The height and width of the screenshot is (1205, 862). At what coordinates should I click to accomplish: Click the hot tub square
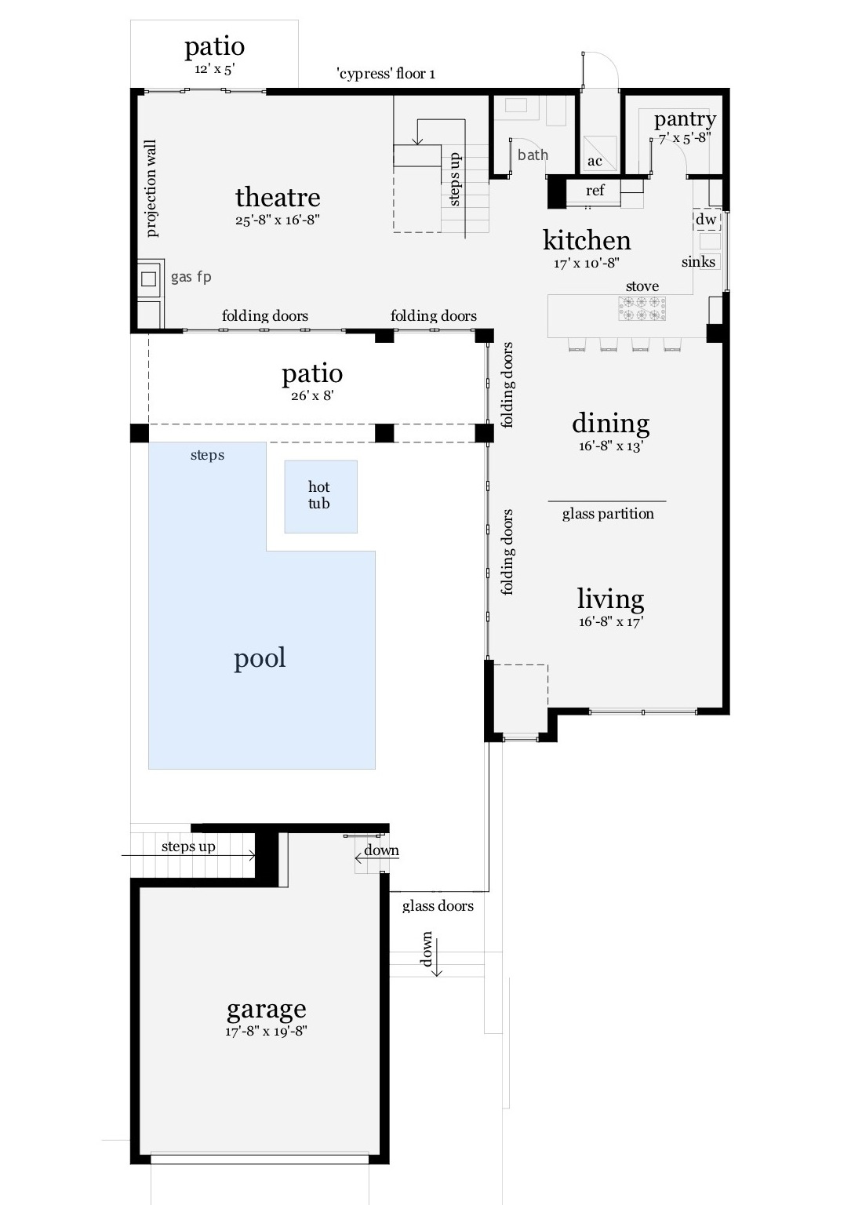coord(320,496)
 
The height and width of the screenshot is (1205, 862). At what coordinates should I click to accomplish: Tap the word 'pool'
coord(260,658)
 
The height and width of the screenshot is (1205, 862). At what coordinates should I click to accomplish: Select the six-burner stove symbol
coord(642,308)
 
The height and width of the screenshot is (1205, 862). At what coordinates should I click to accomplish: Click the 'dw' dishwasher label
coord(706,220)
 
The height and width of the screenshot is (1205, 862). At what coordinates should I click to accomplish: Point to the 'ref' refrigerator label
coord(595,191)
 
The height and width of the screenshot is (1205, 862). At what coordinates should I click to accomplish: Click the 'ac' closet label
coord(595,162)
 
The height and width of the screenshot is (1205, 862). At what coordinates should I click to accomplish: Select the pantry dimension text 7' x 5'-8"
coord(685,138)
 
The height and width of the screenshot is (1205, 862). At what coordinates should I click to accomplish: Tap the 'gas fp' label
coord(191,277)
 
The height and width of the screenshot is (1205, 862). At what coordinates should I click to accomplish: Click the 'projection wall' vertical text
coord(151,188)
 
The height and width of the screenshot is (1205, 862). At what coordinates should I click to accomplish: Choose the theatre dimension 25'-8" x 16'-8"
coord(278,220)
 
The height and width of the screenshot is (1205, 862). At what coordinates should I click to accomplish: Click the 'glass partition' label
coord(608,514)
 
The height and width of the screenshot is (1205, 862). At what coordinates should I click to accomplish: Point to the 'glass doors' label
coord(438,906)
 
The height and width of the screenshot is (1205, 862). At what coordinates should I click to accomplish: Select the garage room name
coord(267,1008)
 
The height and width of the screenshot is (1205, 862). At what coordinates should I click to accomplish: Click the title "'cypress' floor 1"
coord(386,74)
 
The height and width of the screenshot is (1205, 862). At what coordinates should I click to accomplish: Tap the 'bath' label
coord(533,155)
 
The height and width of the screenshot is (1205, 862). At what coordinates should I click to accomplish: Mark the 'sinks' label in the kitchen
coord(698,262)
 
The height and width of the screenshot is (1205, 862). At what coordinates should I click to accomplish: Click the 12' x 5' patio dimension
coord(214,69)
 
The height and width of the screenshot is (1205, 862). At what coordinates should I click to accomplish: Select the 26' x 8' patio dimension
coord(312,396)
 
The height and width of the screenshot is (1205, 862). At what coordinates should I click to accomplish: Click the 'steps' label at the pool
coord(207,455)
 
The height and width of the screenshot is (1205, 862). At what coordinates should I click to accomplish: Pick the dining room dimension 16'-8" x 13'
coord(611,446)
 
